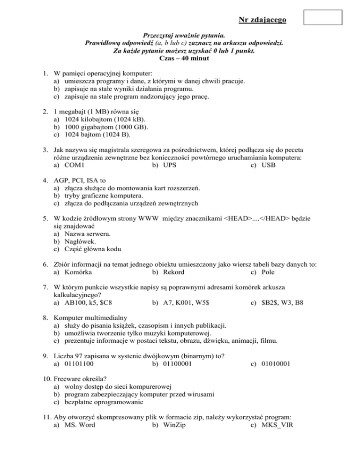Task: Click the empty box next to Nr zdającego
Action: coord(323,17)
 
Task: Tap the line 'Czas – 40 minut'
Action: coord(180,59)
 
